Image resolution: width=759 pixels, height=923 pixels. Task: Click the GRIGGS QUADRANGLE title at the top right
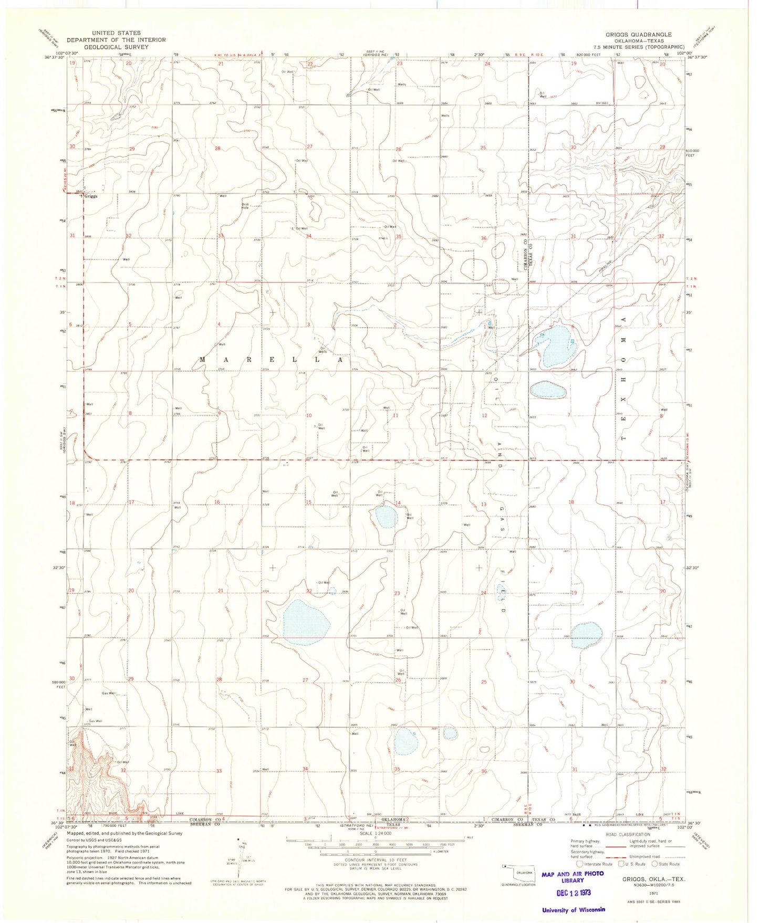pos(638,35)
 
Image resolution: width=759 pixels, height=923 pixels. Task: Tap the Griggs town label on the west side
pos(91,196)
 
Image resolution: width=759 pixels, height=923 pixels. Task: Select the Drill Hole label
pos(245,206)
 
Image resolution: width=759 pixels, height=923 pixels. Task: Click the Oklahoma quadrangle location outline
pos(514,870)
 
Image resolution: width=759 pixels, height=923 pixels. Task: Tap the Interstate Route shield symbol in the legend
pos(580,864)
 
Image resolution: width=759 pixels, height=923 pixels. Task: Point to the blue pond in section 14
pos(387,517)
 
